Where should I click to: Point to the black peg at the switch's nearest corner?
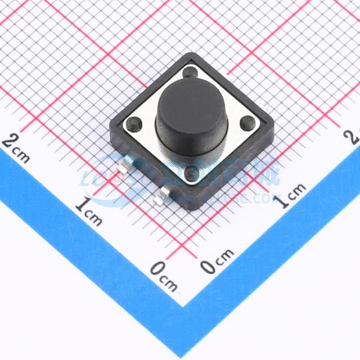(192, 174)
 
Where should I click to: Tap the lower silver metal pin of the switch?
(164, 195)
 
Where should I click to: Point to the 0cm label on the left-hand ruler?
(163, 275)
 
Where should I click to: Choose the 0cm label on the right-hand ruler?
(217, 261)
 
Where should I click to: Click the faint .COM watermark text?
(264, 198)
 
